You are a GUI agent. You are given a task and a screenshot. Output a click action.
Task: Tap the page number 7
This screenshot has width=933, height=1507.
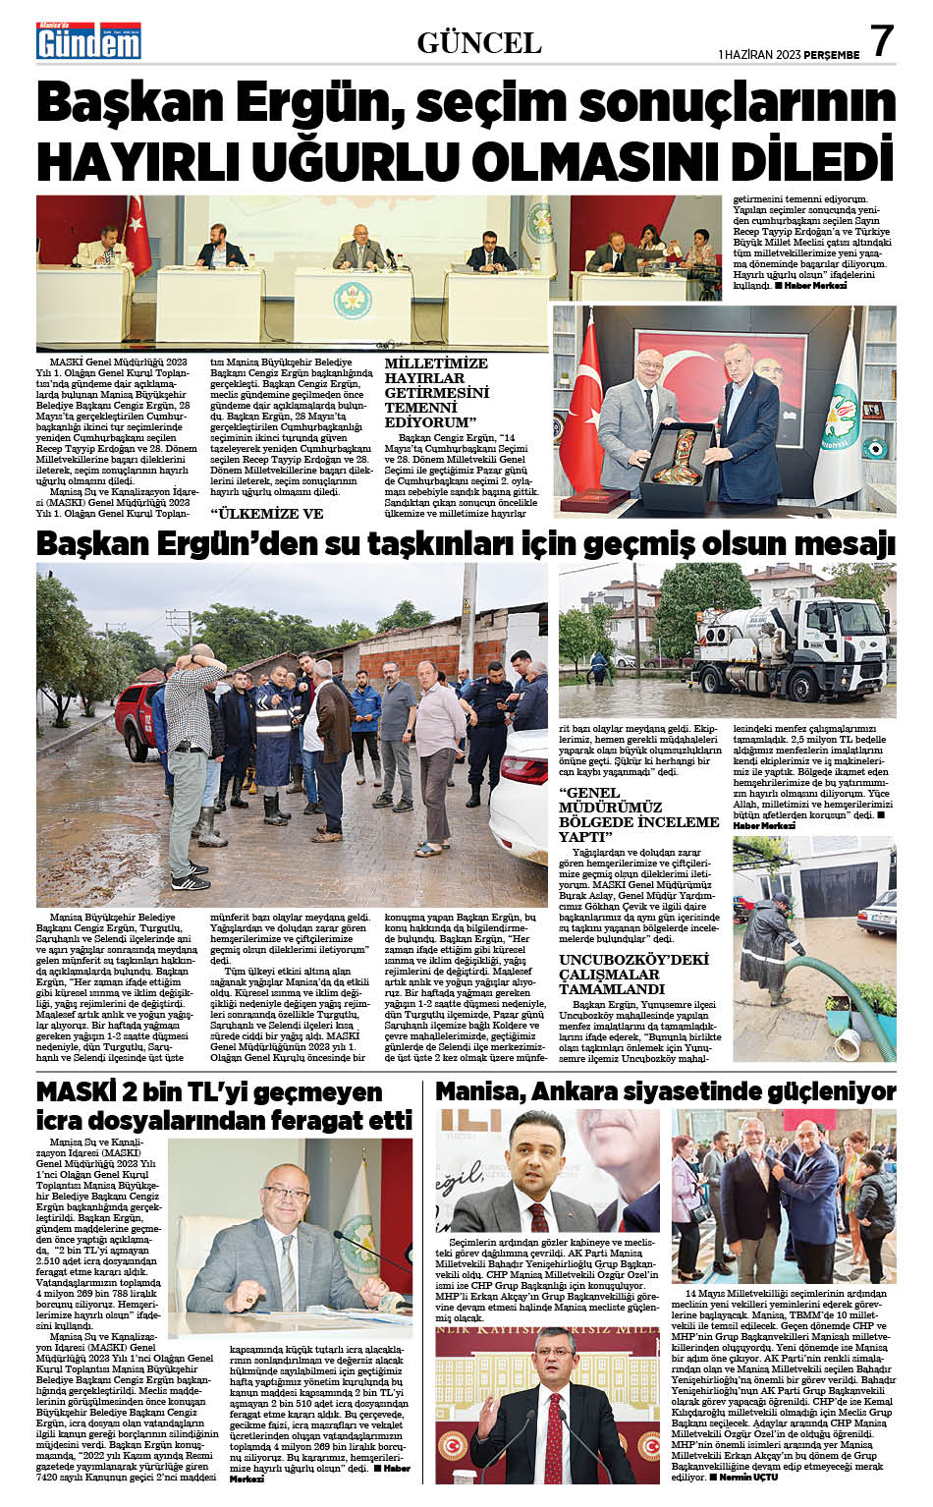(x=881, y=41)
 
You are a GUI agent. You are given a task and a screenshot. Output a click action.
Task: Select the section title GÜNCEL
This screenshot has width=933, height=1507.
(x=479, y=43)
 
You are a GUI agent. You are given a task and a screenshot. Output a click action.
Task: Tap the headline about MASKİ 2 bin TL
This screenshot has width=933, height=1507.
(x=223, y=1106)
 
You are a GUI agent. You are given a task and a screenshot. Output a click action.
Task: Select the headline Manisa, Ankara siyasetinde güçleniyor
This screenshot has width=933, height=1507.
(x=665, y=1091)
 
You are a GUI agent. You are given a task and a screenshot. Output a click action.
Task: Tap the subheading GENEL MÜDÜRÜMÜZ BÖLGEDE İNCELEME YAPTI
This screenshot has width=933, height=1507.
(x=638, y=814)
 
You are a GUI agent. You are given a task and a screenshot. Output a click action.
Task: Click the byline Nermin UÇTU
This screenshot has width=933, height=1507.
(x=748, y=1477)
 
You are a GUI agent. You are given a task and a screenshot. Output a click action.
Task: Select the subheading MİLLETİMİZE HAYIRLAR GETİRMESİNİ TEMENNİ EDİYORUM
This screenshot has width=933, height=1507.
(x=436, y=392)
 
